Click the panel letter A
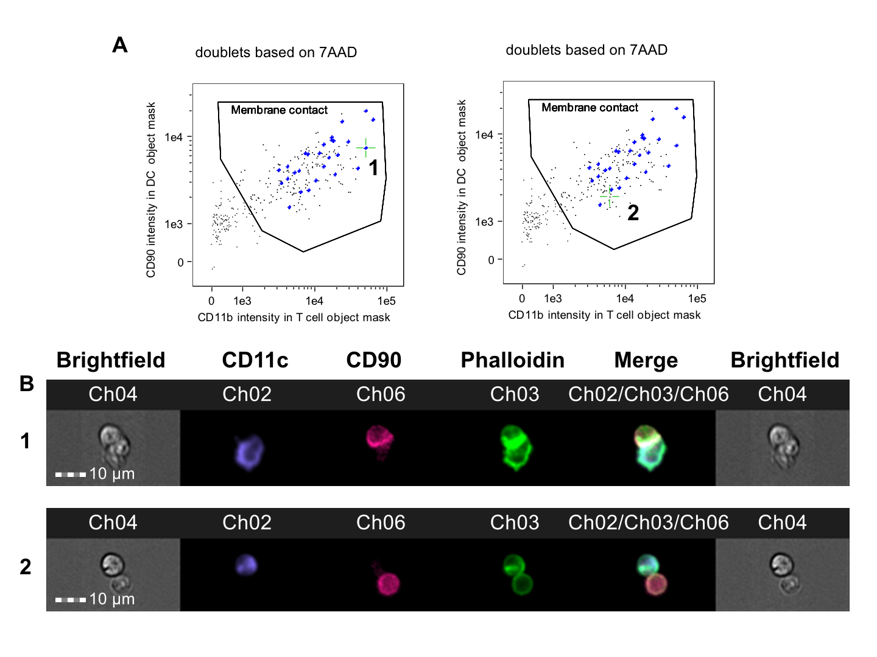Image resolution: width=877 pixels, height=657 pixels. [x=120, y=45]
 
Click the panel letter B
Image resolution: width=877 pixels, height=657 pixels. [x=27, y=384]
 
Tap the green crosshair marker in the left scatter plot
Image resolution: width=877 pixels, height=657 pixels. [x=365, y=148]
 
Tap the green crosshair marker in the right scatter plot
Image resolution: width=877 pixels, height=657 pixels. [x=609, y=196]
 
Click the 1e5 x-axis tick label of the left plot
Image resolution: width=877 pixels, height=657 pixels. [x=386, y=301]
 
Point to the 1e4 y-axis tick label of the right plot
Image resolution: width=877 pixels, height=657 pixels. [x=484, y=135]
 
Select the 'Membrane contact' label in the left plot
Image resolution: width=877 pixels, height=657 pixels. [x=279, y=110]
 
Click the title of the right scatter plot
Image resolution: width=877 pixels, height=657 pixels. [x=586, y=50]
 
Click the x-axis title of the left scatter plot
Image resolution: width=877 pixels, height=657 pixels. [x=294, y=318]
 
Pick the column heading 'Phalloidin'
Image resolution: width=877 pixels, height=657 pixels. [x=512, y=360]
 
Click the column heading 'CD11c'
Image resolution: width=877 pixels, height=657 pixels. [x=255, y=360]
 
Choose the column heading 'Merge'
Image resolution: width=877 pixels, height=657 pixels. [x=646, y=360]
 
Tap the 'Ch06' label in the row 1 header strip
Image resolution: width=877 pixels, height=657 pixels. [x=381, y=394]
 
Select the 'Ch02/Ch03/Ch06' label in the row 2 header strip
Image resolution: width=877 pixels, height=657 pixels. [x=648, y=523]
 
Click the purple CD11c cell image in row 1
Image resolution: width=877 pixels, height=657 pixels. [x=249, y=452]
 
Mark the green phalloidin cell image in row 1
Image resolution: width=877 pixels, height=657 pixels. [x=515, y=448]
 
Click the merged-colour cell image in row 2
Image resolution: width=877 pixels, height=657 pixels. [x=652, y=575]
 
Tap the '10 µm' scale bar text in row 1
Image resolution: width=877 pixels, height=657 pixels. [x=111, y=474]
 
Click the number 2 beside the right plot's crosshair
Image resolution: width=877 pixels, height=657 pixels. [x=633, y=213]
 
